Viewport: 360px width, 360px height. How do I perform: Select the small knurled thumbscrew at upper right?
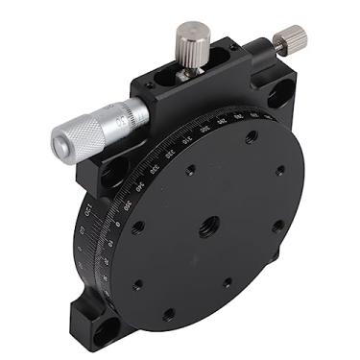click(x=288, y=39)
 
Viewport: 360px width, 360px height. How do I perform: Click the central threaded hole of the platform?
click(x=208, y=227)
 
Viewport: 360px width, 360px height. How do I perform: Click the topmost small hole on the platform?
click(x=252, y=137)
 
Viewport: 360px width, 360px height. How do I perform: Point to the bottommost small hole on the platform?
click(x=169, y=314)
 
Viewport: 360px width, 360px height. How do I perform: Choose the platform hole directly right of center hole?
click(x=277, y=227)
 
